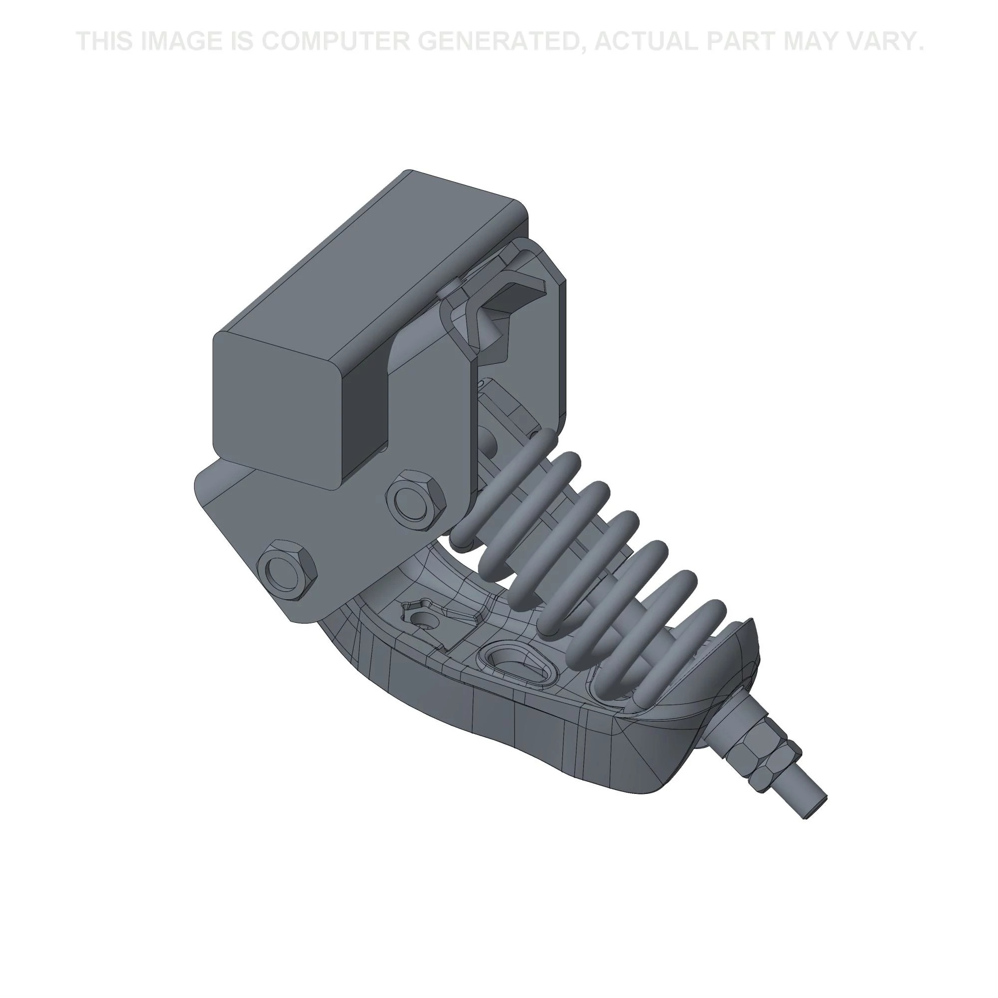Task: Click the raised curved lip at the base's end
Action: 744,641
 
